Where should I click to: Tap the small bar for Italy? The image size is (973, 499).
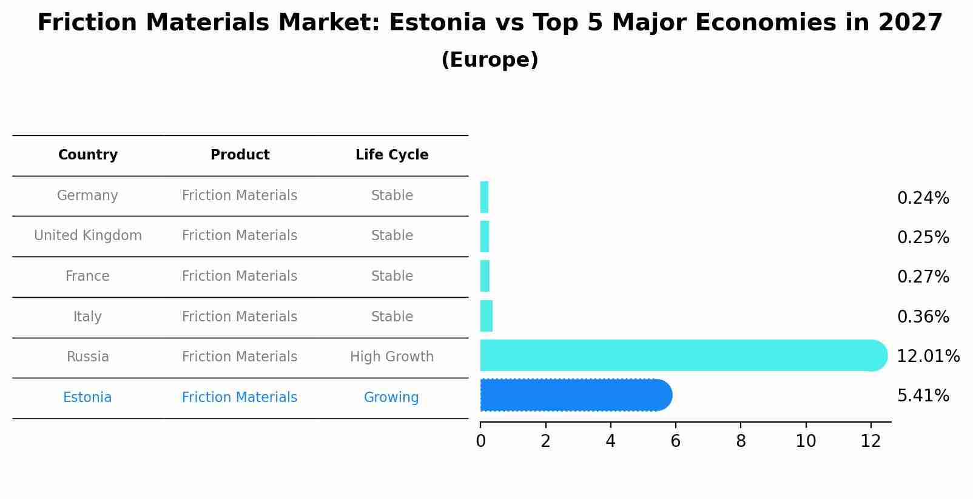click(x=486, y=316)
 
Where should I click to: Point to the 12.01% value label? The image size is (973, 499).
click(x=928, y=357)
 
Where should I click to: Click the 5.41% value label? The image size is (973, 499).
click(x=923, y=396)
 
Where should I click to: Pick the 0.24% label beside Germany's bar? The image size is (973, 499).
click(x=923, y=198)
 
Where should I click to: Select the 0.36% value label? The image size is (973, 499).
click(x=923, y=317)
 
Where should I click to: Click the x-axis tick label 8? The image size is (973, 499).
click(x=741, y=441)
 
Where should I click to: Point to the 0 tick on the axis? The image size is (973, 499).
click(x=480, y=441)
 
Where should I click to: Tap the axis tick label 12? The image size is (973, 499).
click(x=870, y=441)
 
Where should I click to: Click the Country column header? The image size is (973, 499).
click(x=88, y=155)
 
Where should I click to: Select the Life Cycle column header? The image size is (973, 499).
click(x=392, y=155)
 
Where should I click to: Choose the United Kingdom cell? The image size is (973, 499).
click(x=88, y=236)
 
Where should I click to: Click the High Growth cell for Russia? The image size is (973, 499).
click(x=392, y=357)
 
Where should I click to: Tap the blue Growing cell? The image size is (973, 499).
click(x=391, y=398)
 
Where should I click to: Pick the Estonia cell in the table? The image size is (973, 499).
click(x=87, y=398)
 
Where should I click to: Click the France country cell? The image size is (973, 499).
click(x=87, y=276)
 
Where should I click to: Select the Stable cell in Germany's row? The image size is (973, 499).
click(x=392, y=196)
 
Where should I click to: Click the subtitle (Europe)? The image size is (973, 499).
click(x=490, y=60)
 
